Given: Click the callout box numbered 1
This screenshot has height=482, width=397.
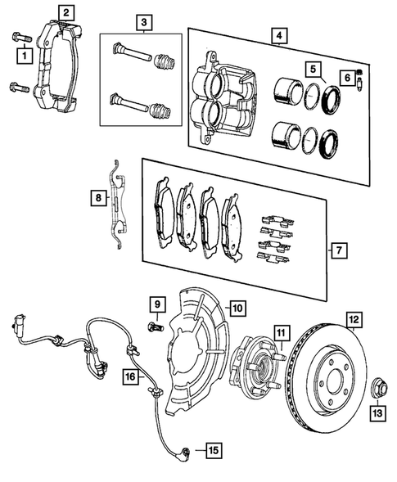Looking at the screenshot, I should [24, 55].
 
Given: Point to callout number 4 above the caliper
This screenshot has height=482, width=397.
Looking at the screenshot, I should [279, 36].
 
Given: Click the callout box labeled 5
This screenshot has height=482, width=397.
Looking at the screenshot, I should [311, 69].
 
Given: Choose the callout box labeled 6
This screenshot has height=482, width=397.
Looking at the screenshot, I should [347, 78].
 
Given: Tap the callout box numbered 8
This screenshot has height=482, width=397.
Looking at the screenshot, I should [98, 197].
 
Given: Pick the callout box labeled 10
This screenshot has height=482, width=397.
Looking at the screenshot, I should [237, 309].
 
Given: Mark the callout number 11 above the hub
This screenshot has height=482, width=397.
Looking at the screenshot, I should [280, 332].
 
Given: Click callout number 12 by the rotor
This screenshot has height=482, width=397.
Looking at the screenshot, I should [354, 319].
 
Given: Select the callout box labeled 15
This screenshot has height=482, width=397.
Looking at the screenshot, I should [213, 449].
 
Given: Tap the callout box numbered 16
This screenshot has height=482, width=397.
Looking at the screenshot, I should [130, 377].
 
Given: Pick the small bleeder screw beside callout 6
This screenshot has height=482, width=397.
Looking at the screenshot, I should [363, 83].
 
